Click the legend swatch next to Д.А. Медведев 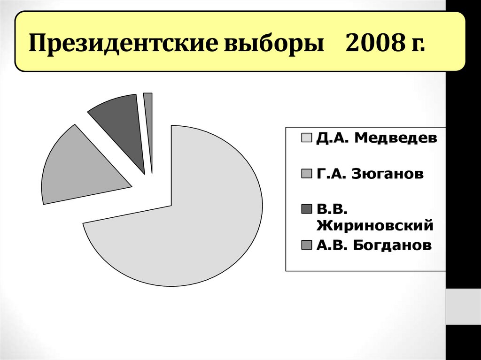(306, 138)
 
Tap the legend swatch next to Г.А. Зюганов (306, 174)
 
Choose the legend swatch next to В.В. (306, 208)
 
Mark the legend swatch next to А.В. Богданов (306, 245)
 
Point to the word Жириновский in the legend (374, 226)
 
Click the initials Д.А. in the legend (332, 138)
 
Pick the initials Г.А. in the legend (330, 174)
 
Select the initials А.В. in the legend (331, 245)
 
